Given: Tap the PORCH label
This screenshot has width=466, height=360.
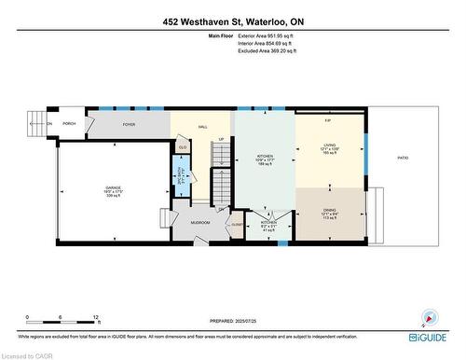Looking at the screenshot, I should pos(69,123).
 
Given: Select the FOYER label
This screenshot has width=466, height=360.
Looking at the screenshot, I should pos(129,123).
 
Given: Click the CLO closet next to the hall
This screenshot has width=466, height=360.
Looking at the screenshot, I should pos(183,146).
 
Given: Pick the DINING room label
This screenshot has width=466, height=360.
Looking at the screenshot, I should pos(328,210).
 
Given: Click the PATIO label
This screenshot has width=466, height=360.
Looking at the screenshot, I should pos(403,159).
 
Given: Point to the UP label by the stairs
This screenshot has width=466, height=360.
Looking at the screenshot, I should pos(221,141).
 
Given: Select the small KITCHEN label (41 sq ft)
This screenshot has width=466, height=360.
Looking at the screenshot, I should pos(267,225).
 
